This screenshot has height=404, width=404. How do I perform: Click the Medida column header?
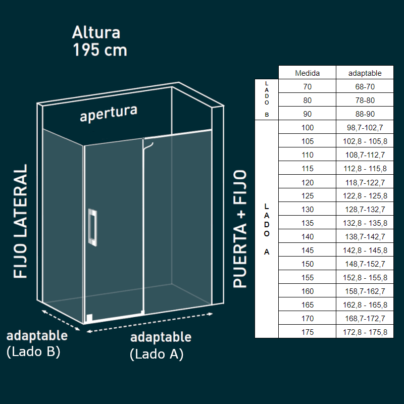307,73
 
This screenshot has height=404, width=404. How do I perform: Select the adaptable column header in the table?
365,73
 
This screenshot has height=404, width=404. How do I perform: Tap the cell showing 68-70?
365,87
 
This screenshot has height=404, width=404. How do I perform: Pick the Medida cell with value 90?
307,114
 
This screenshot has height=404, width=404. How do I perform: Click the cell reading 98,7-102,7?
365,128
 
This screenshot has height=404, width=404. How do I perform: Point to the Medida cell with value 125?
307,196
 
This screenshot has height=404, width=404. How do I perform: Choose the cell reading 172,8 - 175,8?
365,332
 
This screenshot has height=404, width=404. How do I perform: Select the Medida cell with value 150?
307,264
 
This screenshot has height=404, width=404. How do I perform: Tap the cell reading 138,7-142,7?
365,237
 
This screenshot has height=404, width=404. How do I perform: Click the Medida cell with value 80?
307,100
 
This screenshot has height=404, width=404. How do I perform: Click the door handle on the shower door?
92,227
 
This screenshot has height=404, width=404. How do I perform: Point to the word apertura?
109,114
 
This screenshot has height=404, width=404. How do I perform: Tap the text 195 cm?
99,50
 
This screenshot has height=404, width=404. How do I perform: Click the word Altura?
96,32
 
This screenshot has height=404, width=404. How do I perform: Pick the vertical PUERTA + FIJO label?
240,228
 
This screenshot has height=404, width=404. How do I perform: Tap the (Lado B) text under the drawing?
33,352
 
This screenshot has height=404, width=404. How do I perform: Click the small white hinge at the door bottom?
89,318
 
